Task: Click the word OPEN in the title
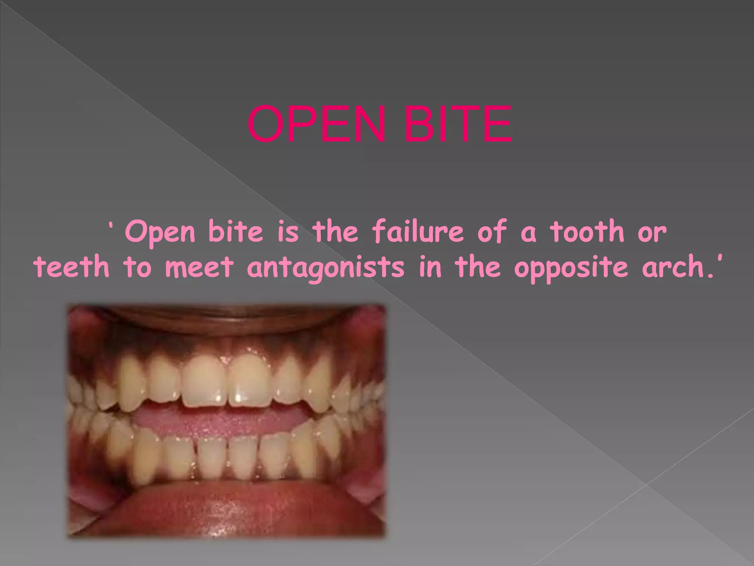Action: (x=317, y=124)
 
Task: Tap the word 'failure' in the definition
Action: (x=417, y=232)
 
